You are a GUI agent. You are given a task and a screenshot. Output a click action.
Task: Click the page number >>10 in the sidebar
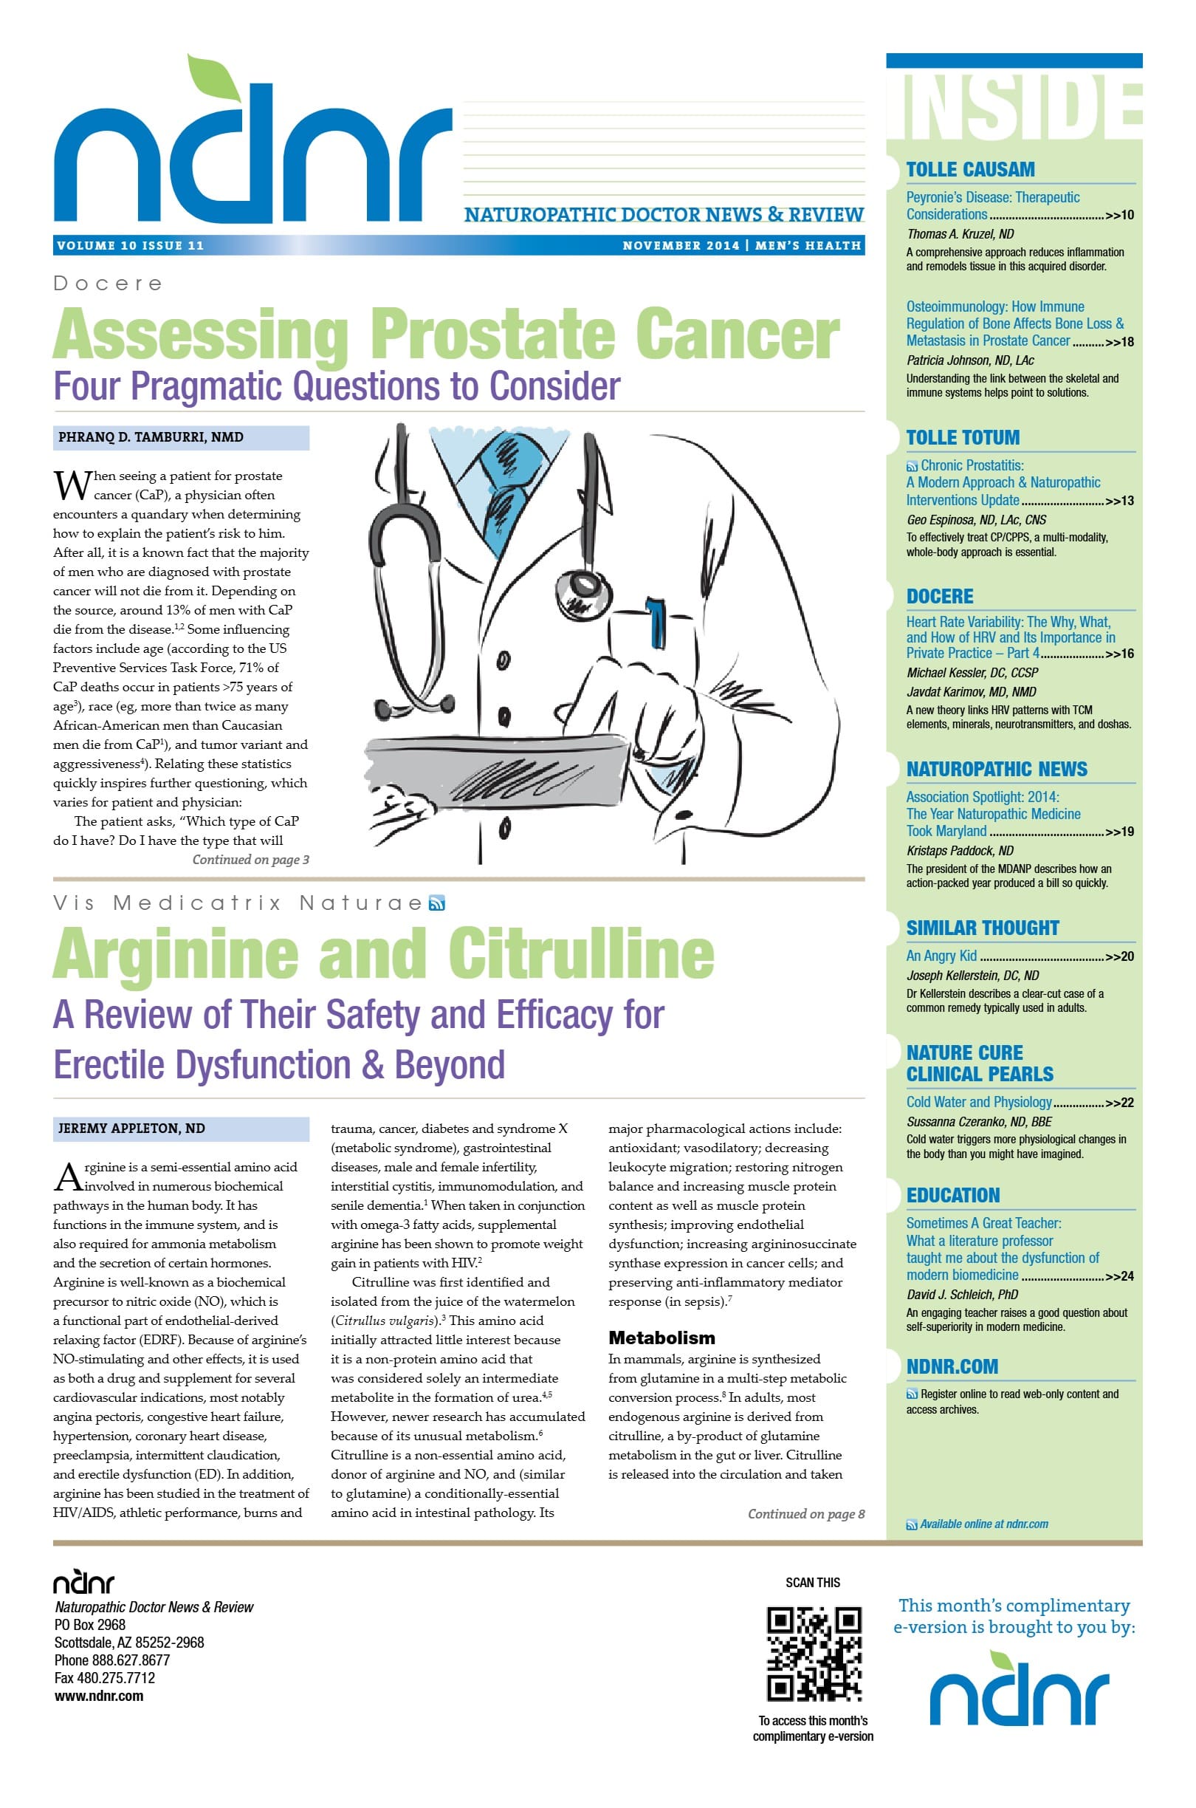tap(1119, 215)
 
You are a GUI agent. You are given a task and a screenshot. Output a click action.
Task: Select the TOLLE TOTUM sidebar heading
tap(963, 438)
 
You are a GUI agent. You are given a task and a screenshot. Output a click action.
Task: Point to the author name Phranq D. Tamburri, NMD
tap(151, 437)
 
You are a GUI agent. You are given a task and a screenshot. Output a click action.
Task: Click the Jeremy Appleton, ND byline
tap(131, 1129)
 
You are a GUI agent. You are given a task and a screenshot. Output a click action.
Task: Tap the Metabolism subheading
tap(661, 1338)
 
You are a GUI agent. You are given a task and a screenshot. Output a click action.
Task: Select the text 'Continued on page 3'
tap(250, 860)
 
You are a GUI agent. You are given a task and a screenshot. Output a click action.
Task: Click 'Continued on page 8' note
tap(805, 1514)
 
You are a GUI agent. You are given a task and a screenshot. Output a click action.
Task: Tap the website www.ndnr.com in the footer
tap(98, 1696)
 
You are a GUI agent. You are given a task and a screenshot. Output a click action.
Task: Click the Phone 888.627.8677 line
tap(111, 1660)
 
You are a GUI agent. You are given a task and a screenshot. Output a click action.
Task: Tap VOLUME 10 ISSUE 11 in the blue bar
tap(131, 246)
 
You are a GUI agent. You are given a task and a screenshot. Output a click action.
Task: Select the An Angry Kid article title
tap(941, 956)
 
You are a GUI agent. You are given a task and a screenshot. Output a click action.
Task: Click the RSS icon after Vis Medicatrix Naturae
tap(436, 904)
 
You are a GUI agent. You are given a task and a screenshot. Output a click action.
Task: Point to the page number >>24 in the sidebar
tap(1119, 1276)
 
